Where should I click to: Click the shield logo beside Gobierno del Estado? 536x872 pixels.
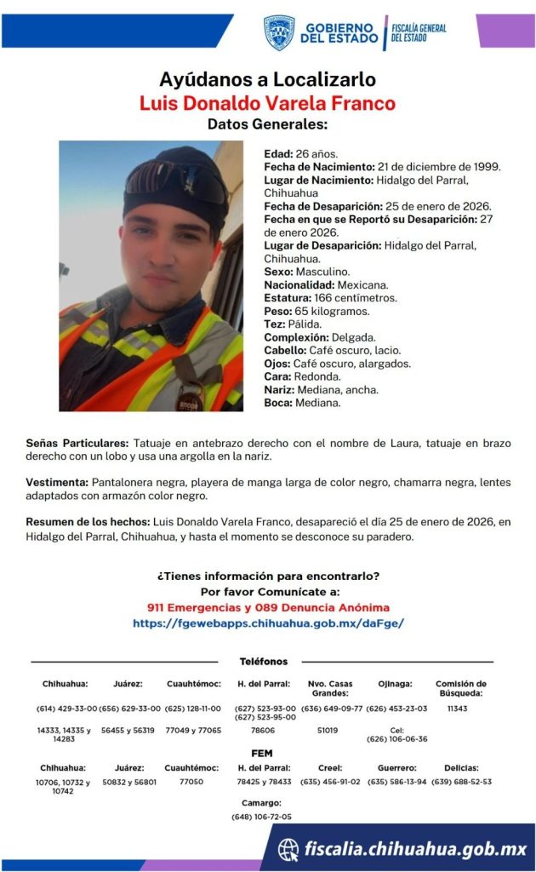(278, 32)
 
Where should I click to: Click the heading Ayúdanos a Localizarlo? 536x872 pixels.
(267, 80)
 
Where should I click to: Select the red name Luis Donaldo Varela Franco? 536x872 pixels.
(267, 104)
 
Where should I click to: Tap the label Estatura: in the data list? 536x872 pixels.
(288, 298)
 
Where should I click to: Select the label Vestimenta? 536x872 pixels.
(57, 483)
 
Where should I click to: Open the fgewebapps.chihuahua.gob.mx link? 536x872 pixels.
(267, 623)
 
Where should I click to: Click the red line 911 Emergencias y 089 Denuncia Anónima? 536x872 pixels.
(267, 607)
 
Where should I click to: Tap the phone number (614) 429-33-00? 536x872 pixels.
(66, 708)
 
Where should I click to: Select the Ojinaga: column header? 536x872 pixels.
(396, 684)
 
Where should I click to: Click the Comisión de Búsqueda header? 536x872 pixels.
(460, 688)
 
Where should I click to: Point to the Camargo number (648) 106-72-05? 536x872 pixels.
(261, 817)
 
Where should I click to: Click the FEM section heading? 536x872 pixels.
(262, 753)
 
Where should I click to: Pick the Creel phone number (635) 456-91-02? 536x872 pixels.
(330, 781)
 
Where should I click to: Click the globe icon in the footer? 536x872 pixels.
(289, 849)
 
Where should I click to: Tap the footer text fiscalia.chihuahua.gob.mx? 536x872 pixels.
(416, 849)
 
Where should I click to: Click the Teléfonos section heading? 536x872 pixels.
(264, 661)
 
